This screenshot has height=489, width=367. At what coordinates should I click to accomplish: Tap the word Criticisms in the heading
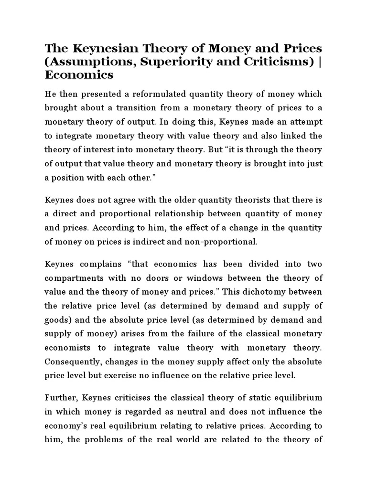click(278, 62)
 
